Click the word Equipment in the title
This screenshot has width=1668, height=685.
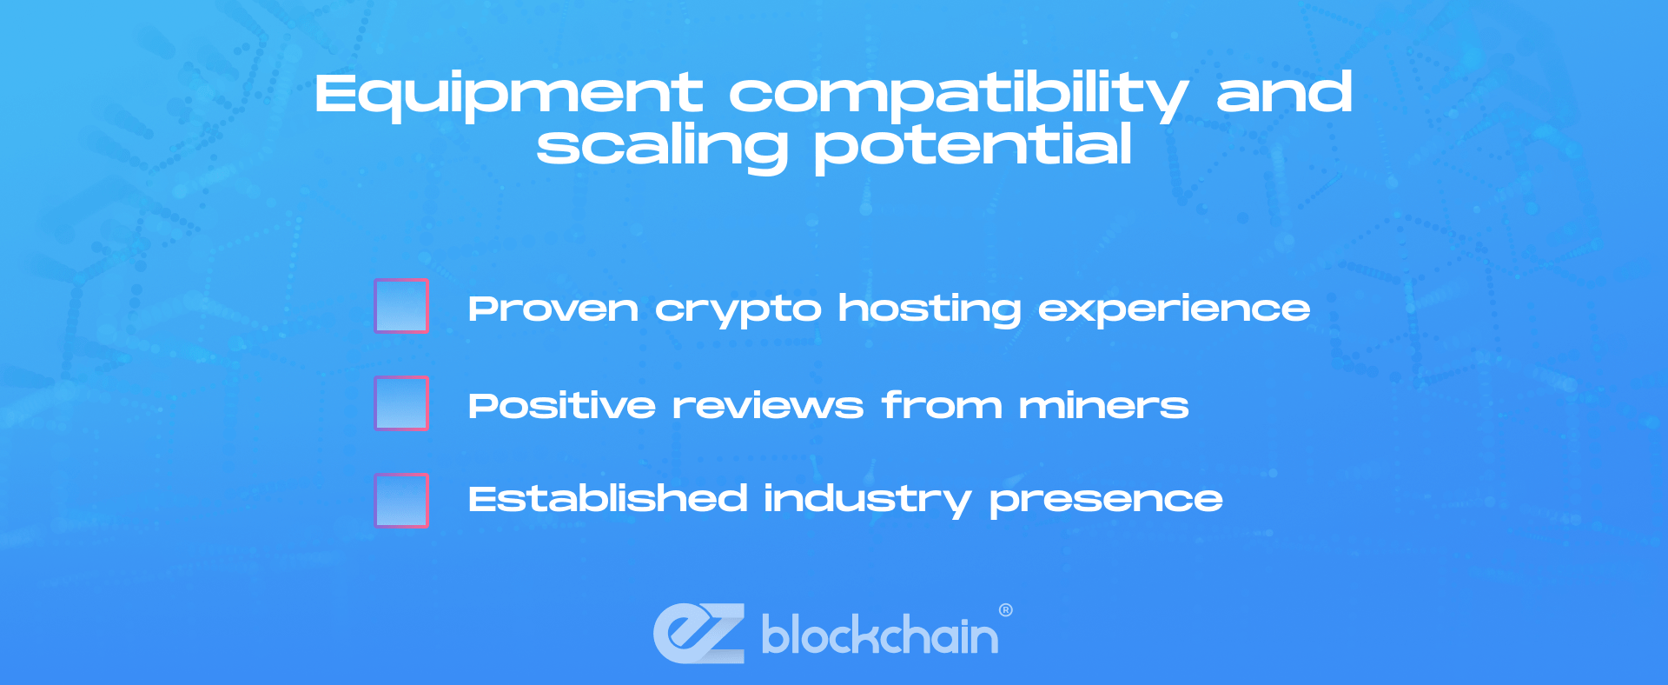[x=508, y=96]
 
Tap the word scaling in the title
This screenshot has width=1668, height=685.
[x=663, y=147]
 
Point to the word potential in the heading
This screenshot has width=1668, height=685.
[x=973, y=147]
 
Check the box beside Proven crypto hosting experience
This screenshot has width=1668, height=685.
[x=401, y=306]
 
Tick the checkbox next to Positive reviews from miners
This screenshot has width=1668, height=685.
[x=401, y=403]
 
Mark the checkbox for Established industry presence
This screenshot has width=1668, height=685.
[x=401, y=501]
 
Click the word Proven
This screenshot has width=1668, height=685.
[x=553, y=309]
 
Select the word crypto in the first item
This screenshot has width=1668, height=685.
[x=738, y=311]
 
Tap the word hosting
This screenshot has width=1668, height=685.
[x=930, y=310]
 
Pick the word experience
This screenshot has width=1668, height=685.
[x=1175, y=311]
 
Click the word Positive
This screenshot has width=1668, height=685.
[x=562, y=405]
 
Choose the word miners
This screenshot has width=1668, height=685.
[x=1104, y=406]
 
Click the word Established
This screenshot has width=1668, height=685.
[x=608, y=499]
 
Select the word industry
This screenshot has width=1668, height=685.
[x=868, y=501]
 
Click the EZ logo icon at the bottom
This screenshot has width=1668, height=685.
[x=699, y=633]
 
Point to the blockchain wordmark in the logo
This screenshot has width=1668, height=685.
[x=880, y=635]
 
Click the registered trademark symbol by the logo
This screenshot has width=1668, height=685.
[x=1006, y=610]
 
